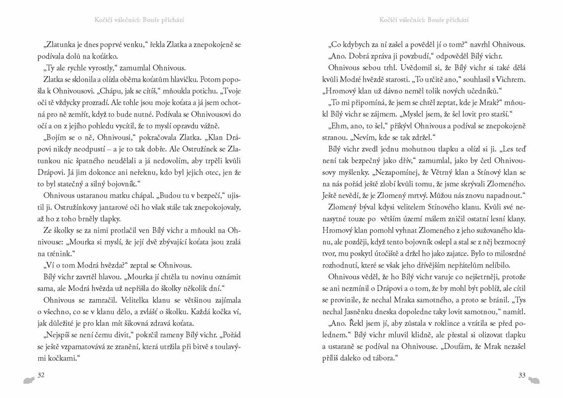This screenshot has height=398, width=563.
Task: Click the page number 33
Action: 522,375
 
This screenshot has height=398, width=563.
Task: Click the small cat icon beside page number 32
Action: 28,381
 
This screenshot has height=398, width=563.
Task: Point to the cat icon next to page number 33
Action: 535,381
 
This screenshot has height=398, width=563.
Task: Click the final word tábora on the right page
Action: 384,358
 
